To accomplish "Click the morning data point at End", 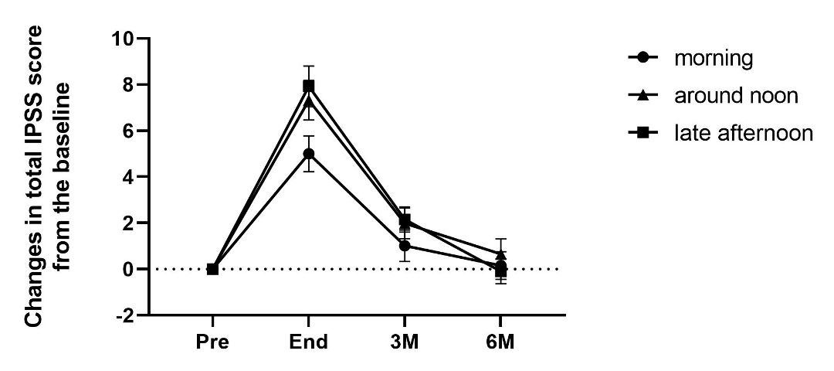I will coord(308,154).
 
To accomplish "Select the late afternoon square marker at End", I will coord(308,86).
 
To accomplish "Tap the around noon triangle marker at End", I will coord(308,101).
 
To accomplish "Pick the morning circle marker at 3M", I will coord(404,246).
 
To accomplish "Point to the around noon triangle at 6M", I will coord(500,254).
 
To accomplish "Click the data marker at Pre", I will coord(212,269).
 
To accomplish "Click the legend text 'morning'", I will coord(713,58).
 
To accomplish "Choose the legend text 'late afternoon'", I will coord(743,134).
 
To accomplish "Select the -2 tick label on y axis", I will coord(121,315).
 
